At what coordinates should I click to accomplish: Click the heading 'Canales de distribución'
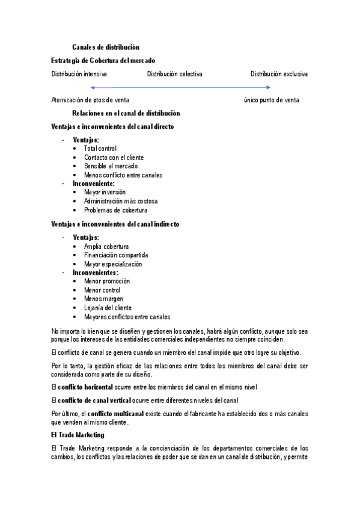coord(106,47)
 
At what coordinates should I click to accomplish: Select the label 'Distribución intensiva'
coord(79,74)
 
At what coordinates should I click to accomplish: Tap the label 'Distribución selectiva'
coord(174,74)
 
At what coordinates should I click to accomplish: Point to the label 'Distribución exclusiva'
coord(279,74)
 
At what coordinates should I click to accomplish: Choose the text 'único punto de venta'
coord(272,100)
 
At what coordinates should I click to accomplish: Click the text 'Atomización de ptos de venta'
coord(90,100)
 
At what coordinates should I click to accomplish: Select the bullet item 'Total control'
coord(100,148)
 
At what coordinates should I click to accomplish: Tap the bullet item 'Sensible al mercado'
coord(111,166)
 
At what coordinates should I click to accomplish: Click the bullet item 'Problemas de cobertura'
coord(115,210)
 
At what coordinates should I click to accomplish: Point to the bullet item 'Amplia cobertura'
coord(106,246)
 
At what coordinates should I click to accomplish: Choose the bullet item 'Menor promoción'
coord(107,281)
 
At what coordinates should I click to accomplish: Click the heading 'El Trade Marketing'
coord(78,434)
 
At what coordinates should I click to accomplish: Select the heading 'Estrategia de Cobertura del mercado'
coord(103,61)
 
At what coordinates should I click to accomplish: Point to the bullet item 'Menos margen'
coord(103,299)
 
